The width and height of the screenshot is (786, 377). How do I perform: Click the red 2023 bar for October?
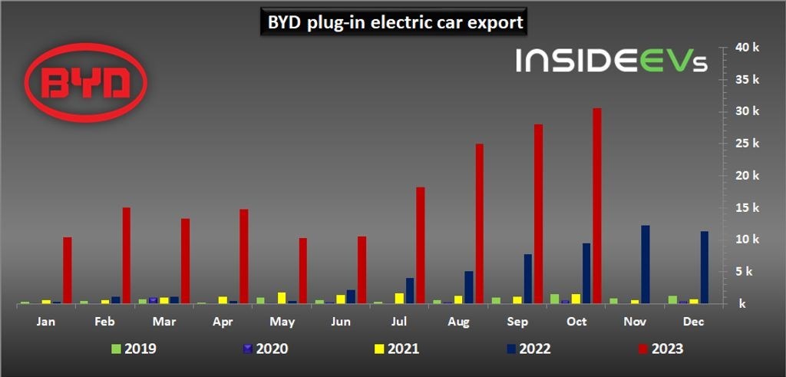click(x=596, y=206)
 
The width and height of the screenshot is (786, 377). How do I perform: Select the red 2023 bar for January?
click(x=68, y=270)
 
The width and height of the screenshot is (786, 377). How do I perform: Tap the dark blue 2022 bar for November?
click(x=646, y=264)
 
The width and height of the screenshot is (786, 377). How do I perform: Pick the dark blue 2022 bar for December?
click(x=704, y=267)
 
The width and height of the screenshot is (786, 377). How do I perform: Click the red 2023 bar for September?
click(x=538, y=213)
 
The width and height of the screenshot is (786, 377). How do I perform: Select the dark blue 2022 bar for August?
click(x=468, y=287)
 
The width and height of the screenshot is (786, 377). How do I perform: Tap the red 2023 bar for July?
click(x=420, y=245)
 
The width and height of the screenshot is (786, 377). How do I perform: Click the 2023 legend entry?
click(x=658, y=349)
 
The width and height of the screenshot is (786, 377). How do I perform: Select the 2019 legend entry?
click(x=132, y=349)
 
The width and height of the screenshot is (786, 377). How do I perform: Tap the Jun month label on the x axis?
click(x=342, y=322)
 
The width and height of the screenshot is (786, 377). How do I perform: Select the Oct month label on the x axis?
click(x=576, y=322)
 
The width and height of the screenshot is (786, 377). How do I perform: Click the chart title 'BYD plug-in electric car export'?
click(x=395, y=23)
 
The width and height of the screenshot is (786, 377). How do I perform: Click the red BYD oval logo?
click(x=86, y=83)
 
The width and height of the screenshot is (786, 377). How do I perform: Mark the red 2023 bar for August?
click(x=479, y=223)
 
